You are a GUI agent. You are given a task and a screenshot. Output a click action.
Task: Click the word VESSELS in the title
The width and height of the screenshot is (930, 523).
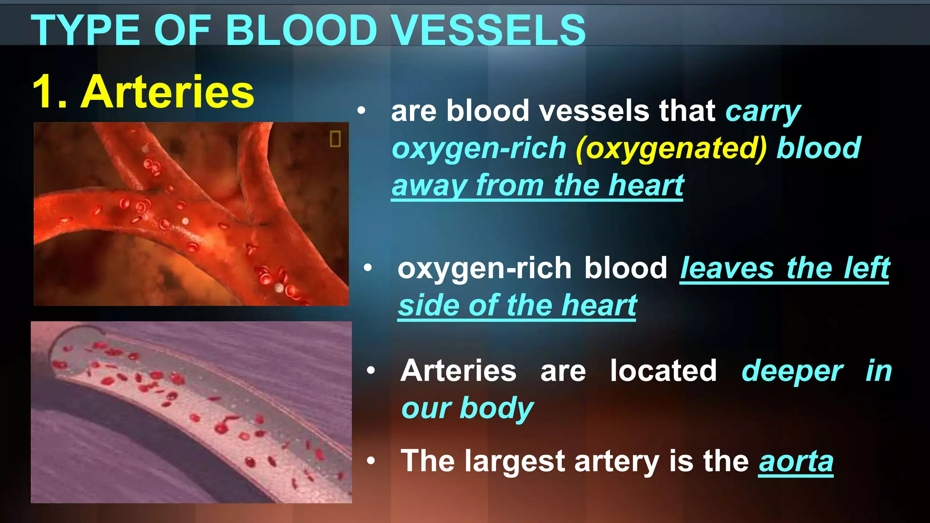[489, 30]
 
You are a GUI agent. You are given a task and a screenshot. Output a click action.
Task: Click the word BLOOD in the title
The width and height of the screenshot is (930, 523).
[302, 30]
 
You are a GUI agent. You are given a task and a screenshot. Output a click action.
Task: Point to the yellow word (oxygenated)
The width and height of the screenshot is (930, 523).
[671, 149]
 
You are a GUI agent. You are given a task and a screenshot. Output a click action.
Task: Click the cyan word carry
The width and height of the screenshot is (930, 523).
[763, 112]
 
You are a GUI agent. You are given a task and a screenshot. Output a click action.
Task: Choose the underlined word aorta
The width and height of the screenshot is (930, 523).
[796, 462]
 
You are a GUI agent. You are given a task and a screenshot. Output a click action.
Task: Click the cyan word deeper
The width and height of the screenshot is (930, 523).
[792, 371]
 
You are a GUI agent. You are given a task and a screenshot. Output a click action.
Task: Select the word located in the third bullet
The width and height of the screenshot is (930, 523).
[663, 371]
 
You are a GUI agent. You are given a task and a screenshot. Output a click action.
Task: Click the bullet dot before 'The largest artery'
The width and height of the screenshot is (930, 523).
[371, 461]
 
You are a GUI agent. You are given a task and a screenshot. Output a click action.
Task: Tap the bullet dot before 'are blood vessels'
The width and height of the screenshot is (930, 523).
[361, 110]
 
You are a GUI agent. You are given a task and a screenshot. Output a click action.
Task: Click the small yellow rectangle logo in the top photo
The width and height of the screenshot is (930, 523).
[335, 138]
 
